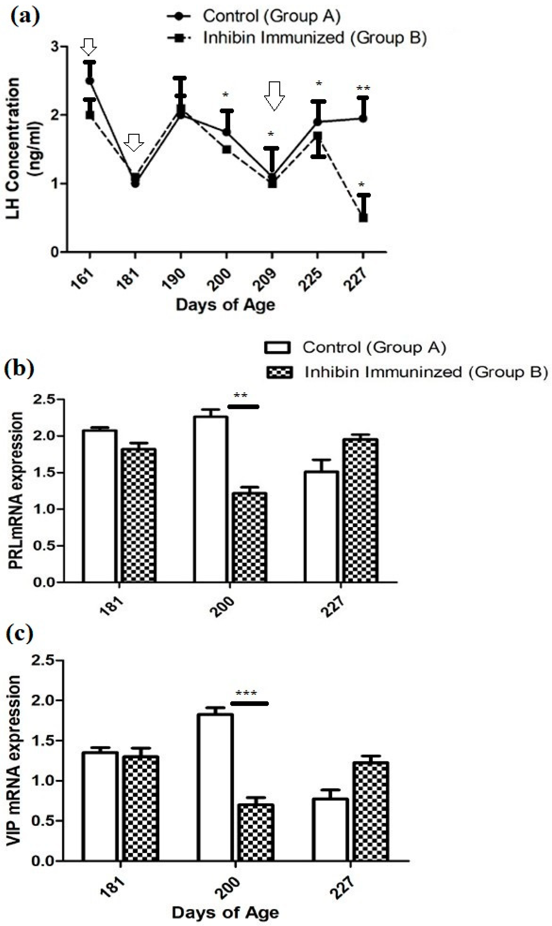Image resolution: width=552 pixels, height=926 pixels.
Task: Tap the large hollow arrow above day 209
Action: pyautogui.click(x=274, y=96)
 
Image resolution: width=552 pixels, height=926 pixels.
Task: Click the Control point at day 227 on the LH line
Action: pyautogui.click(x=363, y=119)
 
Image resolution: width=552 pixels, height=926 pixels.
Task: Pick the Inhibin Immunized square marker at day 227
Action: pyautogui.click(x=363, y=217)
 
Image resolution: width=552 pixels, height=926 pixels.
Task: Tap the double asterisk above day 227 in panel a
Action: pyautogui.click(x=363, y=88)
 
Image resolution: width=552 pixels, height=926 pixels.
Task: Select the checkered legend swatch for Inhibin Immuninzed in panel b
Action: pyautogui.click(x=279, y=372)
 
